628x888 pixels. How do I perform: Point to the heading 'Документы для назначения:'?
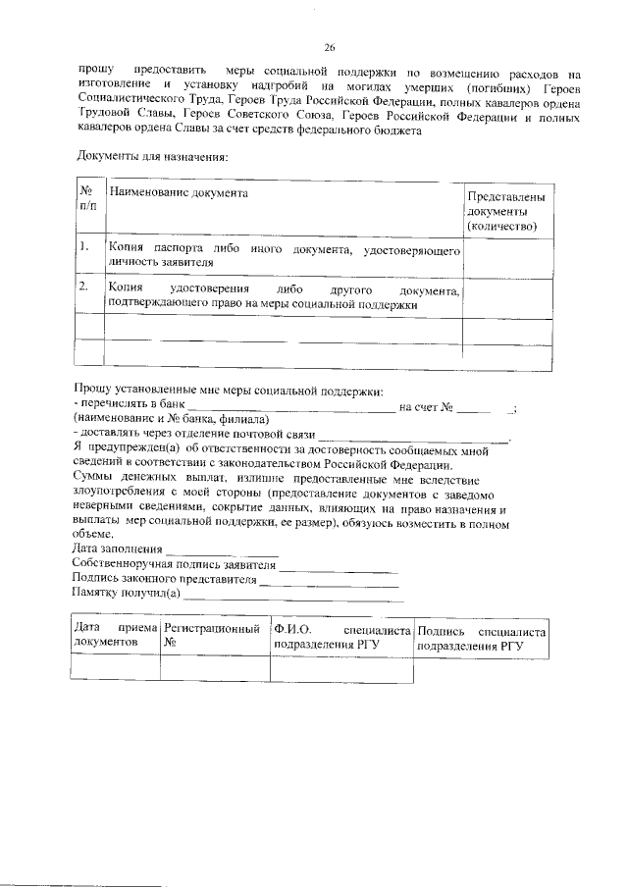click(x=150, y=157)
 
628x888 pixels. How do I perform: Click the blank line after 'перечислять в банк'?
click(x=291, y=406)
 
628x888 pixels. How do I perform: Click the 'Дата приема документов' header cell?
click(x=116, y=634)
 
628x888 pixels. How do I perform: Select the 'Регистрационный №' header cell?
click(x=215, y=634)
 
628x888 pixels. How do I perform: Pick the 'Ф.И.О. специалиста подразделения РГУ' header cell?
click(x=340, y=634)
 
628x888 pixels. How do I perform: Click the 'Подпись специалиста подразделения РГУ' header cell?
click(x=481, y=634)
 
